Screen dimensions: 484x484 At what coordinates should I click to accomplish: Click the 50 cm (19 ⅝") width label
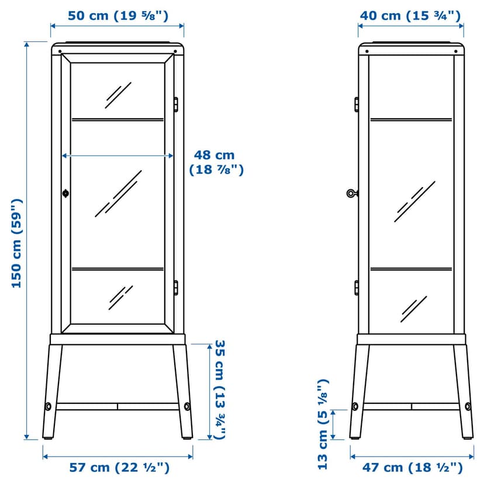(118, 15)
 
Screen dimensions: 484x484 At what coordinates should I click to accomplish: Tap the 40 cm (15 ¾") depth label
(410, 15)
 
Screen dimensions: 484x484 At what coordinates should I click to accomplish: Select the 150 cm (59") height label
(17, 244)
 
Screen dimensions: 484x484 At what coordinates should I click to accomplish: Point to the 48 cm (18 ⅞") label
(216, 163)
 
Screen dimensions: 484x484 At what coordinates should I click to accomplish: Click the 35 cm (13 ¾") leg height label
(220, 390)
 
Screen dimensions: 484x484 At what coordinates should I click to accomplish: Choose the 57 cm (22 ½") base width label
(119, 467)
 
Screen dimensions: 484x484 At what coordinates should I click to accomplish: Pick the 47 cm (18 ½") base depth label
(412, 467)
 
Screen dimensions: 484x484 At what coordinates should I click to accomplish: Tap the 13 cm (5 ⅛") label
(323, 424)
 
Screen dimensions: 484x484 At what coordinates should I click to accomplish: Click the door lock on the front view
(65, 193)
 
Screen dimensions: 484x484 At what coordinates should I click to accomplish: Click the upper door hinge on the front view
(175, 104)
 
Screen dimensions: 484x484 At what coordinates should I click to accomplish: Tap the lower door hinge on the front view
(175, 288)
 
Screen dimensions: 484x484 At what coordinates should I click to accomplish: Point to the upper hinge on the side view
(357, 104)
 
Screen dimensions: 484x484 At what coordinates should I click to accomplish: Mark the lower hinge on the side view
(357, 288)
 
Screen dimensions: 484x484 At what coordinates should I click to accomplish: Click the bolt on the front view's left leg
(49, 406)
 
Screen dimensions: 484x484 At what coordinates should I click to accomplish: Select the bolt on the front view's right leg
(187, 406)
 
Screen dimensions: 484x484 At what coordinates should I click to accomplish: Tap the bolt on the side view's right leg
(468, 406)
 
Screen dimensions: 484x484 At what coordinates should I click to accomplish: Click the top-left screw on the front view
(60, 51)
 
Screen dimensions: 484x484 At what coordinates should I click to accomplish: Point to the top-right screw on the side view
(456, 51)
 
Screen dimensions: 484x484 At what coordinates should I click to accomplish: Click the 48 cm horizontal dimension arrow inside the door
(117, 156)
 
